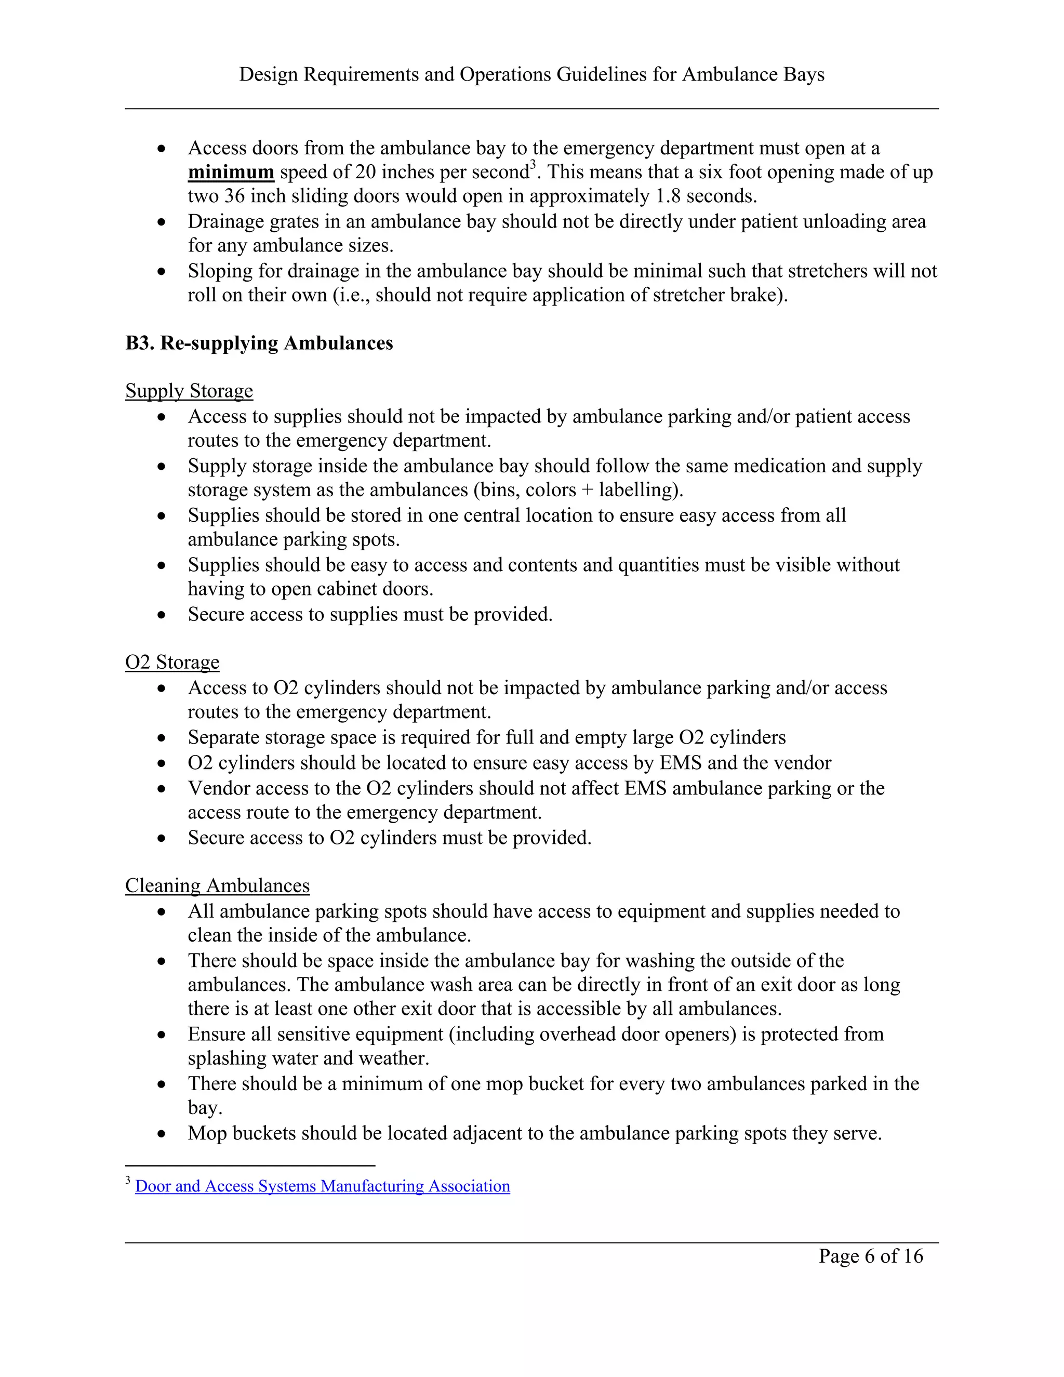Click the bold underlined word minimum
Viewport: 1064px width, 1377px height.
coord(231,173)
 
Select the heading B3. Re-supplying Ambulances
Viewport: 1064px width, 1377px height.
coord(259,343)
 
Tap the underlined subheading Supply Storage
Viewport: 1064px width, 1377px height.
coord(189,391)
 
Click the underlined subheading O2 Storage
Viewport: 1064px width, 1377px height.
coord(172,662)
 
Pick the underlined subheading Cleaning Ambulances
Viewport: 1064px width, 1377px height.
coord(218,886)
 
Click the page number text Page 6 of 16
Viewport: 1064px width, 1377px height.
coord(871,1256)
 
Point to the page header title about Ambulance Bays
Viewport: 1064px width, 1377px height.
coord(531,74)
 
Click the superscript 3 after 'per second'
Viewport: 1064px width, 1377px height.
coord(533,165)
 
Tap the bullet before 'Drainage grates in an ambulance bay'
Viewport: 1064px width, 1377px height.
coord(162,222)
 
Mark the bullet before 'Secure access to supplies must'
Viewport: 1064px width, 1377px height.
coord(162,615)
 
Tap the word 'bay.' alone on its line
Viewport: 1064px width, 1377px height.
coord(205,1108)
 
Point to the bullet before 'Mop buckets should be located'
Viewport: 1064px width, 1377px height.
coord(162,1134)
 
